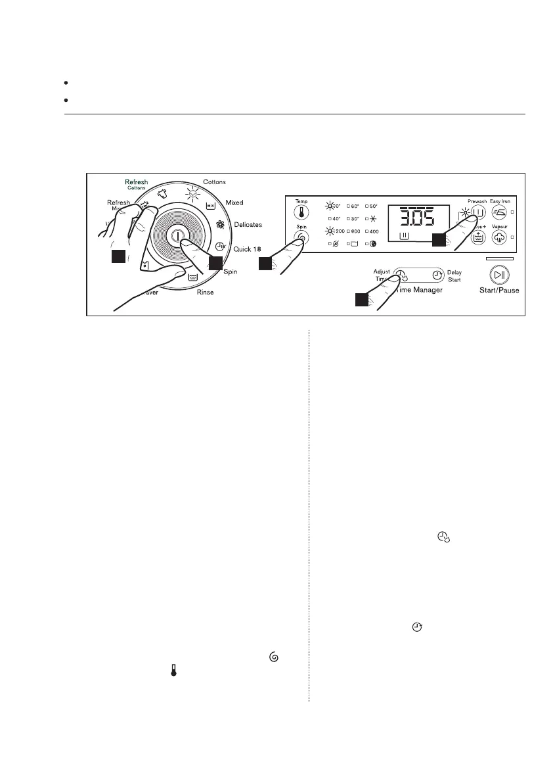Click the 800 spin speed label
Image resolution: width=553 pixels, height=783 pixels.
pos(353,231)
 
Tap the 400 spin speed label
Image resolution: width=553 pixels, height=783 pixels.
pos(373,231)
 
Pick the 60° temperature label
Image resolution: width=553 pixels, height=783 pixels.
pos(353,206)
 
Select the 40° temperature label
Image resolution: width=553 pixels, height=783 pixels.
pos(334,219)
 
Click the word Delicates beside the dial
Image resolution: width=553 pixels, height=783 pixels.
pos(248,225)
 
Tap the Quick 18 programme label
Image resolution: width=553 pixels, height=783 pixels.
pos(248,249)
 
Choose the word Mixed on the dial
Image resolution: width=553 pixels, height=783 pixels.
pos(234,202)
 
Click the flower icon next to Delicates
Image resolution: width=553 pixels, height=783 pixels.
pos(221,224)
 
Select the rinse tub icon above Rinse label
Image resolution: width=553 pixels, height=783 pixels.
pos(193,277)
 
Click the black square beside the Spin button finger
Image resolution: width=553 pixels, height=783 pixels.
pos(265,264)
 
